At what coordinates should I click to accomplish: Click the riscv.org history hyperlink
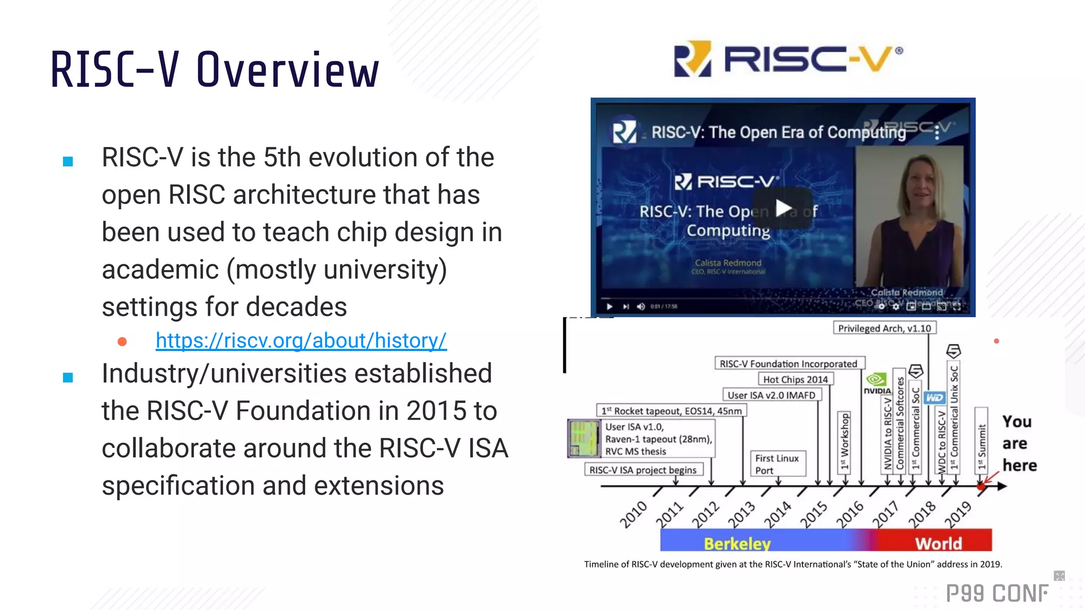click(x=301, y=340)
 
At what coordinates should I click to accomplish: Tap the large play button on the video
click(x=783, y=208)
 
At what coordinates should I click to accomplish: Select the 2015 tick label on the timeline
click(x=814, y=514)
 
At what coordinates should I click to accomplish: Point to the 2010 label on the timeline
click(x=634, y=514)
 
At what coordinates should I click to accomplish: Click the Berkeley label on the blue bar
click(x=737, y=543)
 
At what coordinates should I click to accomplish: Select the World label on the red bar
click(x=938, y=543)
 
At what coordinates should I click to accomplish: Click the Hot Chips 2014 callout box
click(x=795, y=379)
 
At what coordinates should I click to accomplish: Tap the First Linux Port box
click(x=777, y=464)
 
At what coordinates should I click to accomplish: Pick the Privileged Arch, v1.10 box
click(x=884, y=328)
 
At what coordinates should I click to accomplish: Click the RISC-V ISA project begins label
click(x=643, y=470)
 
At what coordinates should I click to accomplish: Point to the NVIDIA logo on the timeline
click(x=877, y=382)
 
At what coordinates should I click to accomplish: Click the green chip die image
click(x=583, y=438)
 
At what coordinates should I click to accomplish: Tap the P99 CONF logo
click(x=997, y=594)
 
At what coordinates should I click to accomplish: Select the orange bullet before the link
click(x=122, y=342)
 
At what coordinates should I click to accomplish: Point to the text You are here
click(x=1018, y=443)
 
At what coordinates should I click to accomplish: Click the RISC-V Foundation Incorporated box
click(x=788, y=364)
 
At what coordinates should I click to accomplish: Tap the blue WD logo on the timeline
click(x=935, y=398)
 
